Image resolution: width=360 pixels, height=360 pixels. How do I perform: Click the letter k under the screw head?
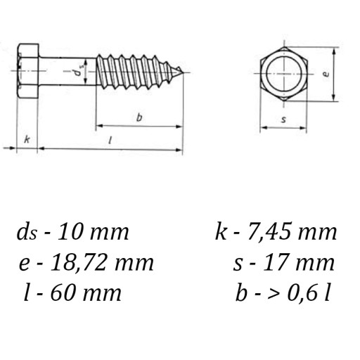(27, 139)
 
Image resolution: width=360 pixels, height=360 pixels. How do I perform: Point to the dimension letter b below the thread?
(139, 117)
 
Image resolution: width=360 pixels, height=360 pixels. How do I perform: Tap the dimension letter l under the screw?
(110, 140)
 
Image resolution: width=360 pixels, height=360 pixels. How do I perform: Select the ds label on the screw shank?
(79, 70)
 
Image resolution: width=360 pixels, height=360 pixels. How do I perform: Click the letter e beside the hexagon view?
(326, 74)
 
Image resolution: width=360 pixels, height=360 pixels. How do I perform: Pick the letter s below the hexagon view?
(283, 120)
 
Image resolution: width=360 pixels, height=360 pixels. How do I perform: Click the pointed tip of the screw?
(182, 72)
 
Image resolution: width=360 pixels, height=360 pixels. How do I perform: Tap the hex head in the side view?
(27, 71)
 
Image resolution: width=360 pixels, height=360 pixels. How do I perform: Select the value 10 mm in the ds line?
(93, 232)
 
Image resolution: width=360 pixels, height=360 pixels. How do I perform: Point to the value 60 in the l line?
(62, 293)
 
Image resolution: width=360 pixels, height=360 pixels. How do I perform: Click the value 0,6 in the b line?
(304, 293)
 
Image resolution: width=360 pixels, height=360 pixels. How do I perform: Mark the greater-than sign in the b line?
(274, 294)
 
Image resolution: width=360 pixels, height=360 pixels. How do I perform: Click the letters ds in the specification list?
(27, 231)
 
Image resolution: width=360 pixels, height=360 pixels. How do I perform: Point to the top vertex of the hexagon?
(284, 47)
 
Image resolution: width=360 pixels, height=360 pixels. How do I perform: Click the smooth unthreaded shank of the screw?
(67, 71)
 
